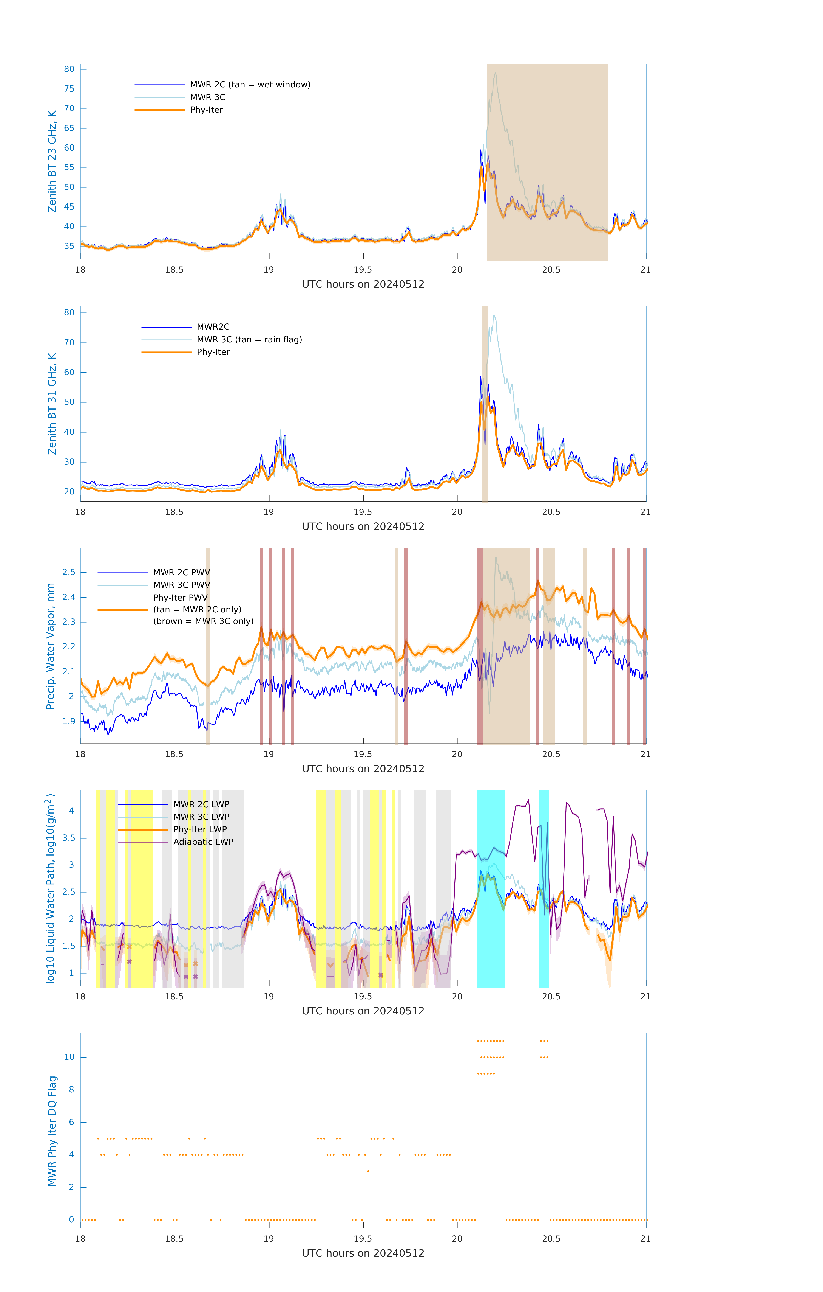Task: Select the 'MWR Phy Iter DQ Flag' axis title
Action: click(x=52, y=1131)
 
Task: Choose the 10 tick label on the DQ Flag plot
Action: click(x=69, y=1058)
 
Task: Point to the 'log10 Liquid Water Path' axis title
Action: click(x=50, y=888)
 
